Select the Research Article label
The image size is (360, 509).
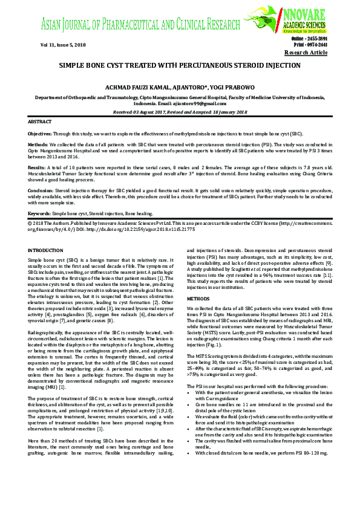pyautogui.click(x=306, y=53)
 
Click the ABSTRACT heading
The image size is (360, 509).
pyautogui.click(x=41, y=122)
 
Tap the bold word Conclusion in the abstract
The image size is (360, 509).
pyautogui.click(x=40, y=190)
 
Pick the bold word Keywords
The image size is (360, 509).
pyautogui.click(x=39, y=214)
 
